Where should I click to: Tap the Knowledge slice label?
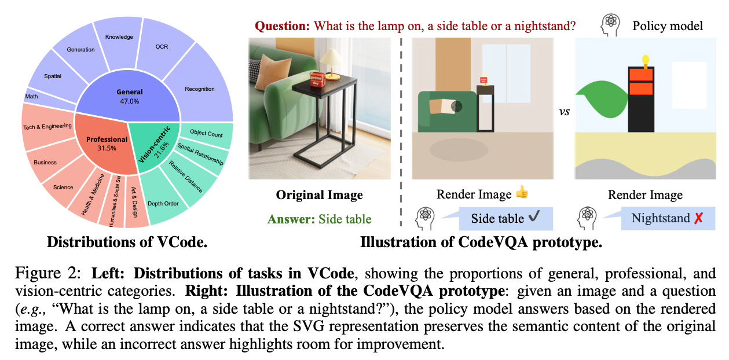tap(119, 37)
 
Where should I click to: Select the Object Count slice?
tap(206, 134)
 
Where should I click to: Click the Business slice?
tap(45, 162)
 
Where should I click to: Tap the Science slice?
tap(63, 187)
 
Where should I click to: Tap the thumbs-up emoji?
tap(521, 195)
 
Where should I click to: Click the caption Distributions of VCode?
tap(127, 241)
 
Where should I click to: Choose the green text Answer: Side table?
tap(319, 219)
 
